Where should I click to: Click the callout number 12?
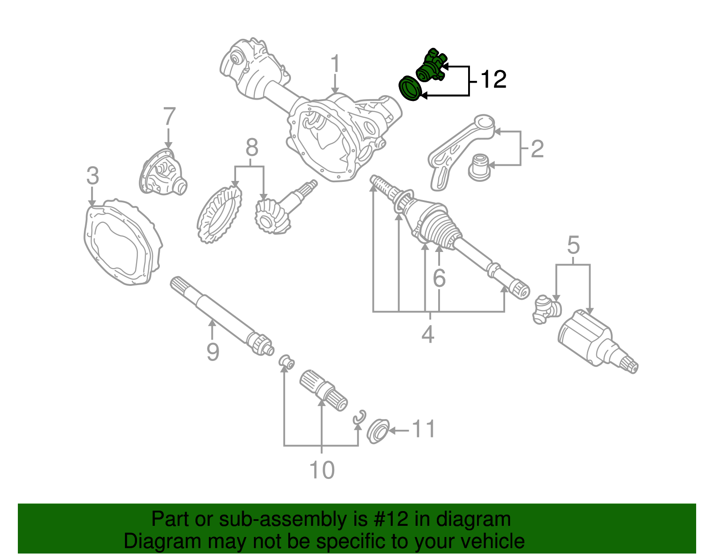[493, 79]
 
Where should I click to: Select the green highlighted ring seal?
[409, 88]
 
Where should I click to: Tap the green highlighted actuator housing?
[431, 67]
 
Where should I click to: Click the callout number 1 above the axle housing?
[335, 65]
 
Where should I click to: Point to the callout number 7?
[169, 117]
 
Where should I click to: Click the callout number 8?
[252, 147]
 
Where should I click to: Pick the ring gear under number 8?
[219, 215]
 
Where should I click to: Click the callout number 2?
[537, 149]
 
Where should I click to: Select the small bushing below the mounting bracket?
[479, 168]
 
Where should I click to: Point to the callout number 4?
[428, 334]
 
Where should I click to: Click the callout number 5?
[573, 245]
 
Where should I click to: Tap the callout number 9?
[213, 352]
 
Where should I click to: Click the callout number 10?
[321, 470]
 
